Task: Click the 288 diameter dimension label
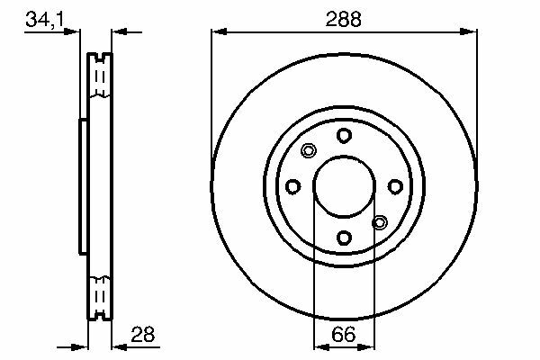344,19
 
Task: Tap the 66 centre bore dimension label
344,335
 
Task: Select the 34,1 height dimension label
45,19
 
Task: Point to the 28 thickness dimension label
142,334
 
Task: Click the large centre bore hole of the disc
344,186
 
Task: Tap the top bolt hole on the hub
344,135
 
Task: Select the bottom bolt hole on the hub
344,238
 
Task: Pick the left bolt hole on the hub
293,186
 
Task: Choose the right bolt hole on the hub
395,186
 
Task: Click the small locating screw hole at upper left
309,150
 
